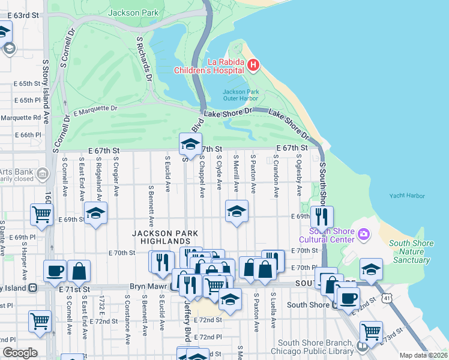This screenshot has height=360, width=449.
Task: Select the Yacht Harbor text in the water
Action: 406,196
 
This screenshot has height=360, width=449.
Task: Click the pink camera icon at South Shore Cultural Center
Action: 362,233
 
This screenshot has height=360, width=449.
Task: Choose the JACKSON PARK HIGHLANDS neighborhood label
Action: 165,237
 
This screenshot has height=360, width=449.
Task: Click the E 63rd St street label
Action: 21,13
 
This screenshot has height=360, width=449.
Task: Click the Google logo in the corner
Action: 20,352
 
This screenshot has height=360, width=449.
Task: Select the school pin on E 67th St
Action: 190,144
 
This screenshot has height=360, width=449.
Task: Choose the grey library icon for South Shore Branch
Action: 361,346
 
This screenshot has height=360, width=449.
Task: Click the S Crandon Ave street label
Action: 276,176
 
